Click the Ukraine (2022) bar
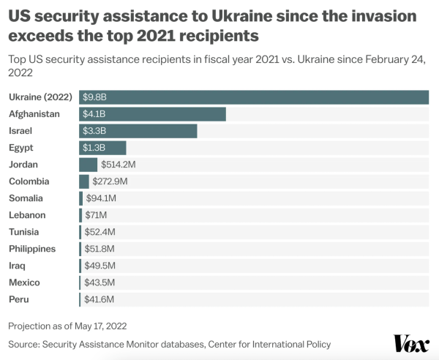(254, 97)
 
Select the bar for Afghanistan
(152, 114)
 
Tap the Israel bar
(138, 131)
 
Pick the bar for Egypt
(102, 148)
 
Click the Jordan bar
(89, 165)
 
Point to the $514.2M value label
(119, 165)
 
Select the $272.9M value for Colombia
(110, 181)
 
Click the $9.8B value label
(95, 97)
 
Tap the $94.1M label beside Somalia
(101, 198)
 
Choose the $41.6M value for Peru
(100, 299)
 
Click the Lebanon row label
(27, 215)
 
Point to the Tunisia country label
(24, 232)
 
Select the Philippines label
(32, 249)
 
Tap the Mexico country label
(24, 282)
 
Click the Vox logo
(411, 343)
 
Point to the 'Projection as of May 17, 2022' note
(72, 326)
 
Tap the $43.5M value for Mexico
(100, 282)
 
